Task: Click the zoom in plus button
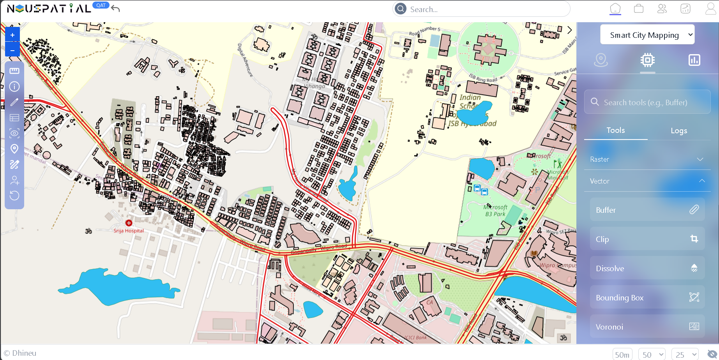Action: [12, 35]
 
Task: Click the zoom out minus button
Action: [12, 50]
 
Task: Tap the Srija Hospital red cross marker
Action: [129, 223]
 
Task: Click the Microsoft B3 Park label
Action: [495, 211]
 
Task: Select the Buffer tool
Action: [647, 210]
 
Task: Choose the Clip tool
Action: [647, 239]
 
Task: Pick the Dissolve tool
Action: [647, 268]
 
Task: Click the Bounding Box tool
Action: [647, 298]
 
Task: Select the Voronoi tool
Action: [647, 326]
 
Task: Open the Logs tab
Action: [678, 131]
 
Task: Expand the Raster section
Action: [647, 159]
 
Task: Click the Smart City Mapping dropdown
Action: [647, 35]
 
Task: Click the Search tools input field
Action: [651, 102]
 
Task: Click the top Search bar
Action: [483, 9]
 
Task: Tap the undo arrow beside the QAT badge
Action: [115, 8]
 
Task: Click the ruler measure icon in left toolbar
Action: [14, 71]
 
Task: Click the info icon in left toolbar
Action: [14, 86]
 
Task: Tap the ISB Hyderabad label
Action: [472, 124]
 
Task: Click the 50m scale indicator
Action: [622, 355]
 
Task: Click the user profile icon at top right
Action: [710, 9]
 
